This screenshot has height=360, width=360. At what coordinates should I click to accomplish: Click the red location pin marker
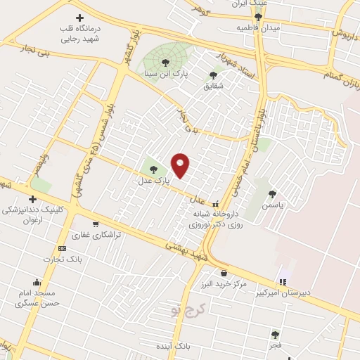pos(181,165)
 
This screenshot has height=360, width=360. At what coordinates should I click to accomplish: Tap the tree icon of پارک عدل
pos(153,169)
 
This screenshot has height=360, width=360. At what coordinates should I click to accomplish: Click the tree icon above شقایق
pos(213,75)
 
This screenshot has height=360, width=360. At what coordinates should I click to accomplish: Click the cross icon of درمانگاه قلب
pos(79,18)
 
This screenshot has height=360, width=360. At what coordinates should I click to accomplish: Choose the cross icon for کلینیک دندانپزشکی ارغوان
pos(32,199)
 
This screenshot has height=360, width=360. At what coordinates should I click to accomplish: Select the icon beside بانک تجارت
pos(63,248)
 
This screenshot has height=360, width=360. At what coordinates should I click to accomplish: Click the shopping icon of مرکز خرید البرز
pos(224,274)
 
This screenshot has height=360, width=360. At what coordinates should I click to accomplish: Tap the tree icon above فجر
pos(275,335)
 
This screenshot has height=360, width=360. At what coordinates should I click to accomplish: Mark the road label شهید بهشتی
pos(184,250)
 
